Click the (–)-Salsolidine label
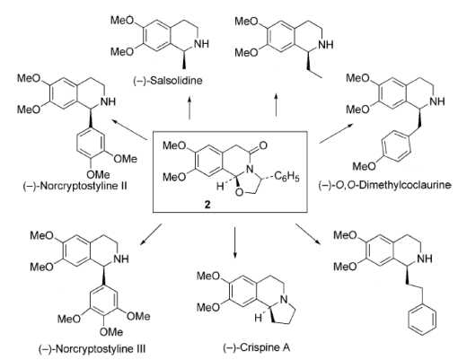click(168, 81)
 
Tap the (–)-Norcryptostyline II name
click(75, 186)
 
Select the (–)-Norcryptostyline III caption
click(92, 348)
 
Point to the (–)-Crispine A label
click(257, 347)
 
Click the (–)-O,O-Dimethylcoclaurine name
click(384, 185)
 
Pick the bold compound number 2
click(207, 205)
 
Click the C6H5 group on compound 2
click(286, 177)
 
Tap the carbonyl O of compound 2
click(262, 145)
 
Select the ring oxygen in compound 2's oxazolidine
click(239, 193)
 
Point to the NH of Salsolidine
click(201, 44)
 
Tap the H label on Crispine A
click(258, 318)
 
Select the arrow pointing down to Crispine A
click(234, 242)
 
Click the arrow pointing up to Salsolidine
click(189, 108)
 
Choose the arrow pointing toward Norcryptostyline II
click(129, 129)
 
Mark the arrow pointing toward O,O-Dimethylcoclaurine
click(336, 134)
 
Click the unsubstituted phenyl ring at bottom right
click(422, 320)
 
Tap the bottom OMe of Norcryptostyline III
click(111, 331)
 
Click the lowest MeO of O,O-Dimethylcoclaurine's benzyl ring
click(364, 166)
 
